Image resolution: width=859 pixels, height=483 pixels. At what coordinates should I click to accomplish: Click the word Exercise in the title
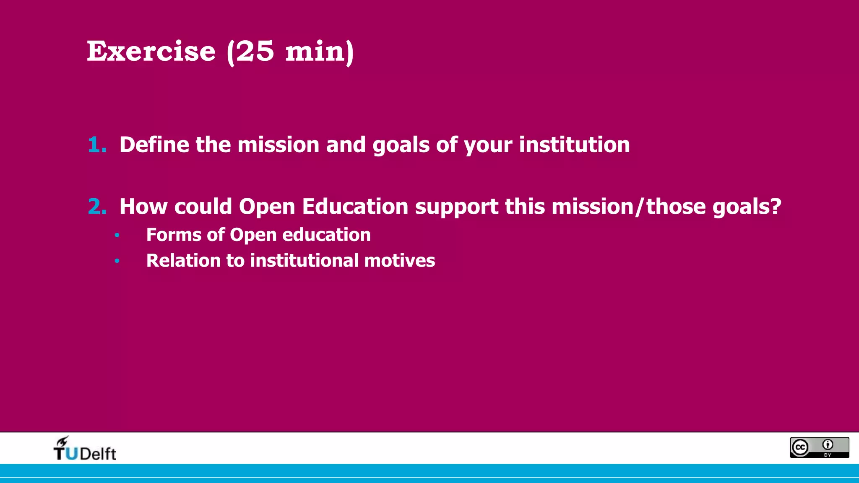(x=151, y=51)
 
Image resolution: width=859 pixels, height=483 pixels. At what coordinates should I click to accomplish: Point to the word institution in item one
(x=574, y=145)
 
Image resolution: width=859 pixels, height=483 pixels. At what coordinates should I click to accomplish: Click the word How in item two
(x=143, y=207)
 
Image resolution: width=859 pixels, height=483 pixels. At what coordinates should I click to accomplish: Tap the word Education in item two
(x=355, y=207)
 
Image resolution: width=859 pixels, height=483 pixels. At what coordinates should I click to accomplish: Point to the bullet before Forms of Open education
(x=117, y=235)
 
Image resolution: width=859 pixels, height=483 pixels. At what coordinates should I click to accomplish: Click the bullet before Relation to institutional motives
(x=117, y=261)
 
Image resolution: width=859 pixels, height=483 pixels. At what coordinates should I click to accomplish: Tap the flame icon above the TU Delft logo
(x=62, y=441)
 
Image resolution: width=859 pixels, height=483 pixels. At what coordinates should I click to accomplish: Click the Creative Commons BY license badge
(x=819, y=447)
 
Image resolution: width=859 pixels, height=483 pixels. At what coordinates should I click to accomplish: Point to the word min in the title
(x=319, y=51)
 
